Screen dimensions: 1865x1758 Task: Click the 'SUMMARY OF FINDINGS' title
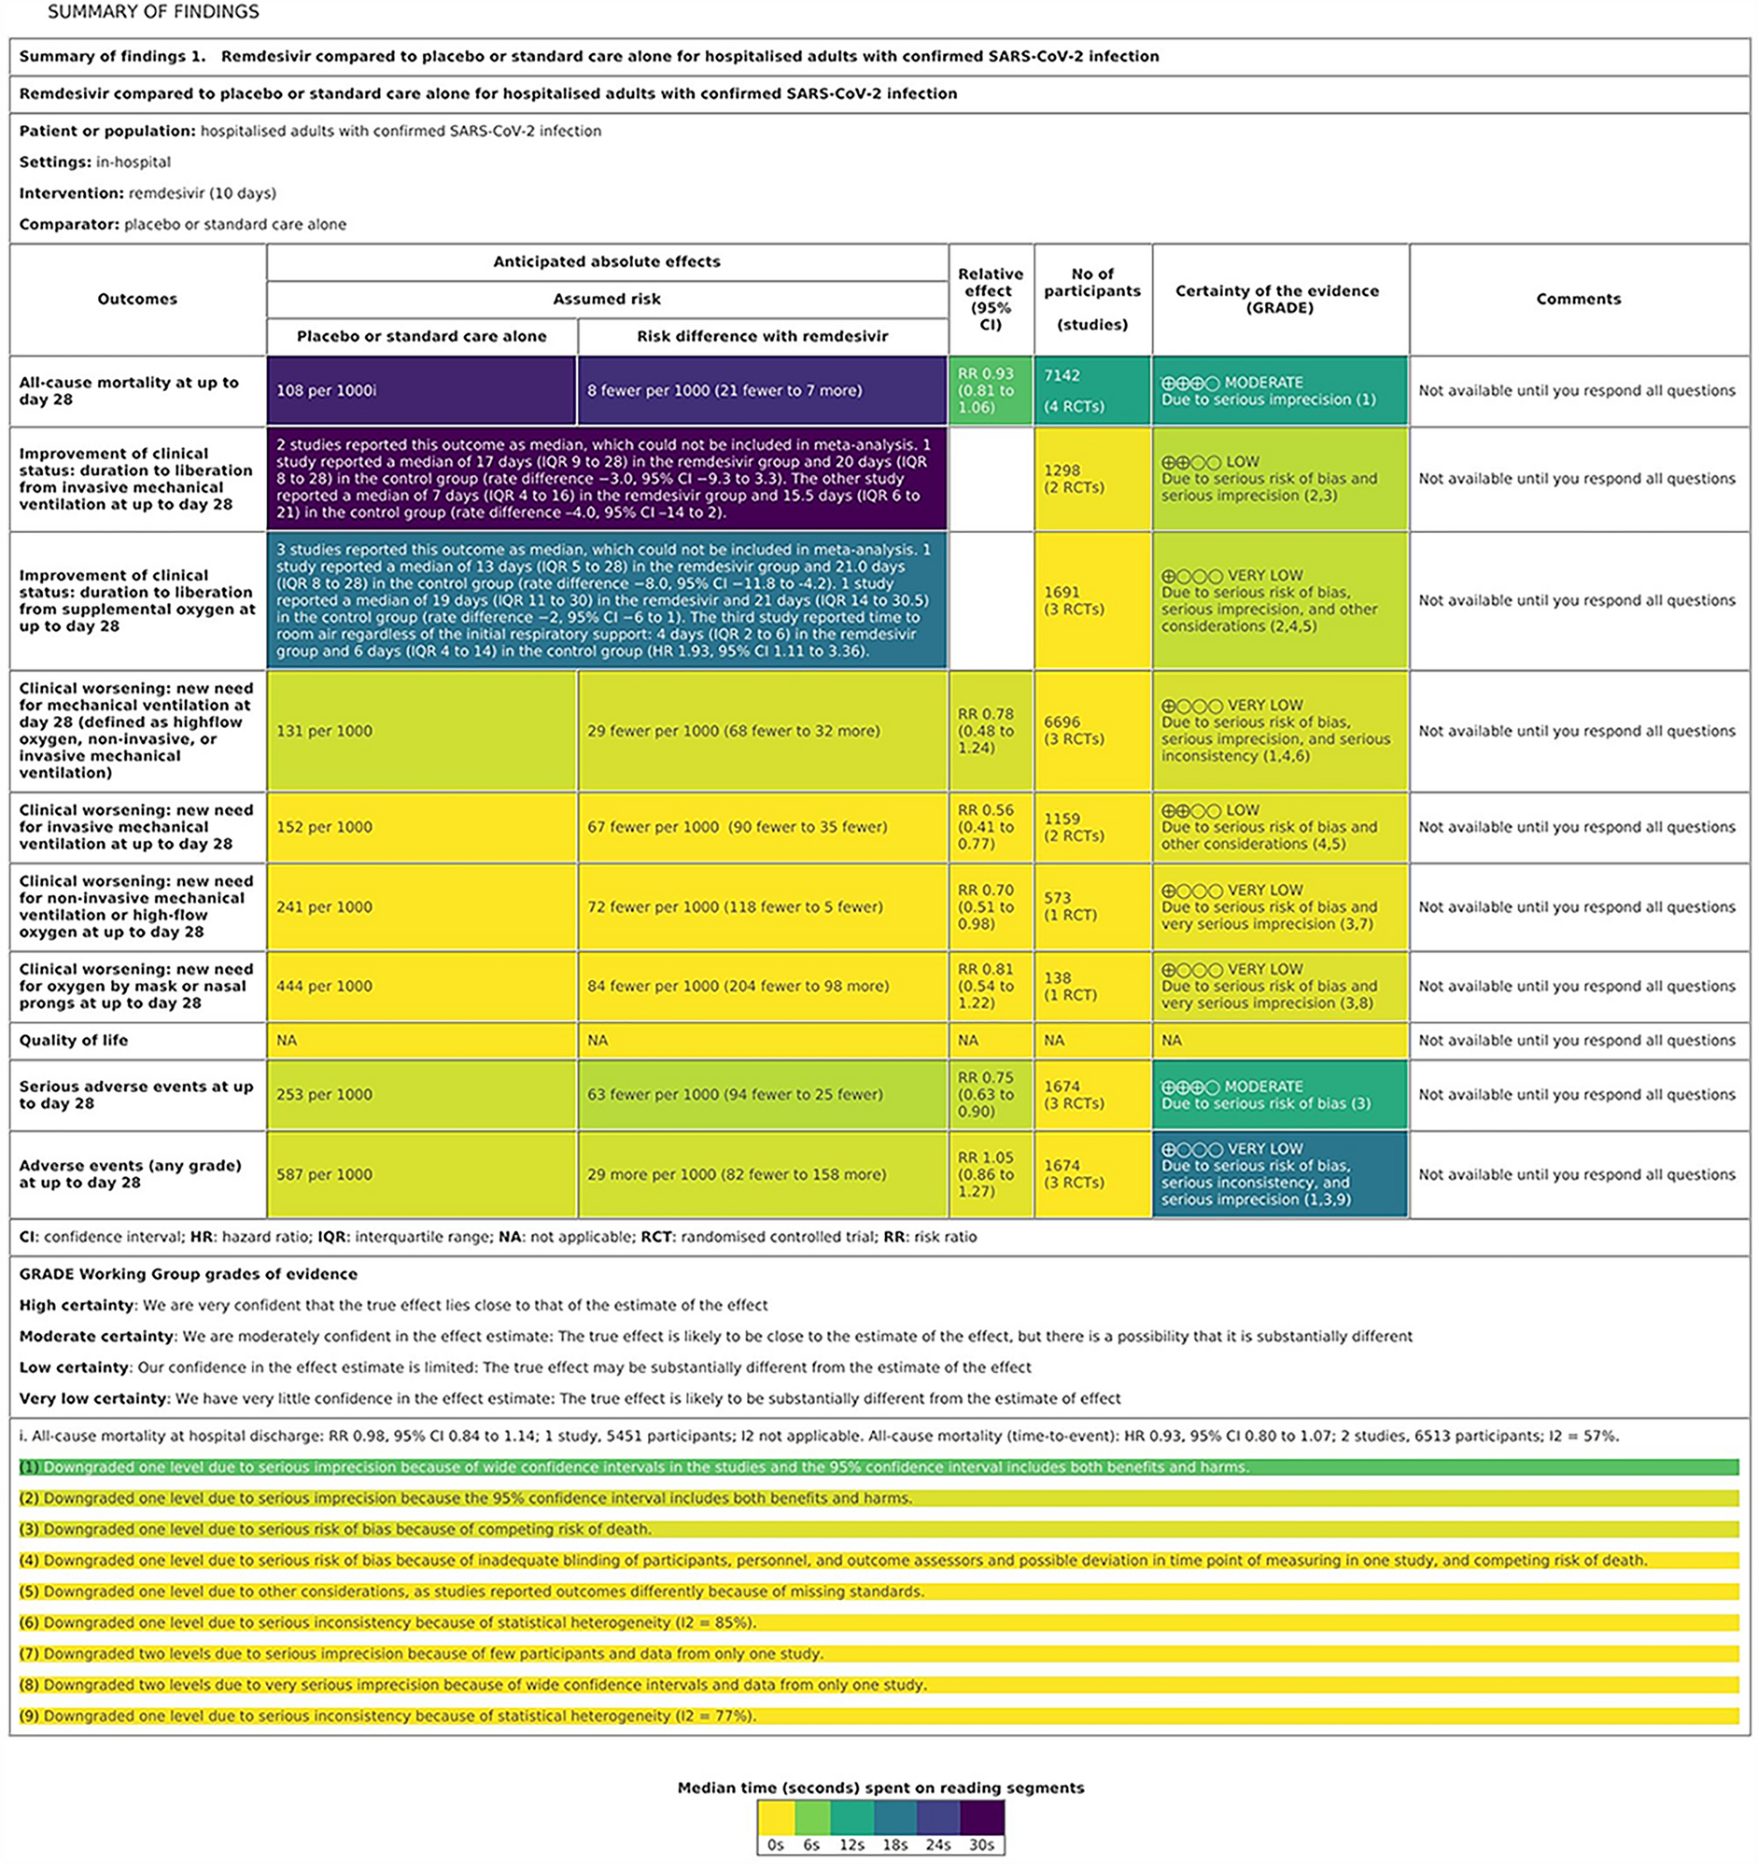tap(153, 12)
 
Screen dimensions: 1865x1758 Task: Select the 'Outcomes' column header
tap(137, 300)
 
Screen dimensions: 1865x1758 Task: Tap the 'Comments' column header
tap(1578, 300)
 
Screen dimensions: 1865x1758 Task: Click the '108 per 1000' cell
tap(420, 390)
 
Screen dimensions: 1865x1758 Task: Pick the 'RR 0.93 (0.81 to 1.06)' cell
tap(990, 390)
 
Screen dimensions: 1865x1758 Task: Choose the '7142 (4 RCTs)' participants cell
tap(1092, 390)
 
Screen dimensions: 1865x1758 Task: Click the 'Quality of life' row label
tap(73, 1041)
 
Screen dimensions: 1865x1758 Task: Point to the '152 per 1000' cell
tap(420, 826)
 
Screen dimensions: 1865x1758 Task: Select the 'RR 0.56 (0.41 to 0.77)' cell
tap(990, 826)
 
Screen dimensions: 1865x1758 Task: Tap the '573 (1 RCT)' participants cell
tap(1092, 906)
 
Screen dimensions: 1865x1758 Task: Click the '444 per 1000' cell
tap(420, 986)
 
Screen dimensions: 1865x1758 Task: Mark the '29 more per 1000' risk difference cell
tap(762, 1173)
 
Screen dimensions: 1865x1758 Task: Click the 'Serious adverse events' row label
tap(136, 1095)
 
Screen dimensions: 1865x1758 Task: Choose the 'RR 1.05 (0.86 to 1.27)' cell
tap(990, 1173)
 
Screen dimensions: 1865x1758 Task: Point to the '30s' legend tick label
tap(981, 1844)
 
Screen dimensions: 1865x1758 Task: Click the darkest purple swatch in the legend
tap(982, 1817)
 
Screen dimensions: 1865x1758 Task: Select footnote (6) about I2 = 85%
tap(387, 1622)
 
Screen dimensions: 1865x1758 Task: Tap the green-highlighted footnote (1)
tap(634, 1467)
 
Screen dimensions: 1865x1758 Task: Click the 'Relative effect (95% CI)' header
tap(990, 300)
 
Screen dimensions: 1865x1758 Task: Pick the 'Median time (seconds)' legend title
tap(880, 1788)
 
